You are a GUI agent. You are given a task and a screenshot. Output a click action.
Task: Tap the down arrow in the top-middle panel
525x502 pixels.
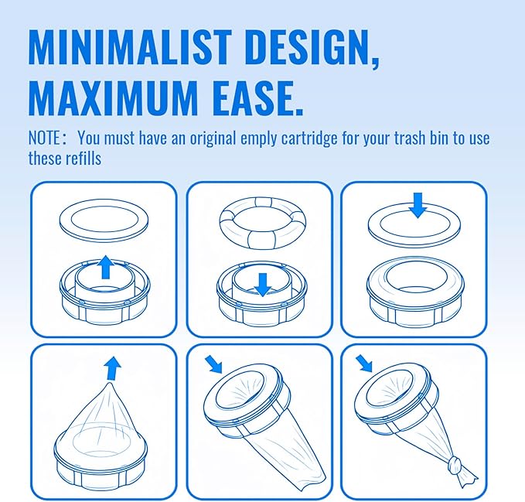pyautogui.click(x=261, y=284)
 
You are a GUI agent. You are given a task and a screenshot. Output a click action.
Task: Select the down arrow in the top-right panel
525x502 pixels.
pyautogui.click(x=417, y=205)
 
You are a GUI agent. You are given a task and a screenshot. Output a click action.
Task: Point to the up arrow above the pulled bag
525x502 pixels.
pyautogui.click(x=113, y=367)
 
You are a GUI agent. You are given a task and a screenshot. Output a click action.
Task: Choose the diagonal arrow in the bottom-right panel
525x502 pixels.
pyautogui.click(x=363, y=363)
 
